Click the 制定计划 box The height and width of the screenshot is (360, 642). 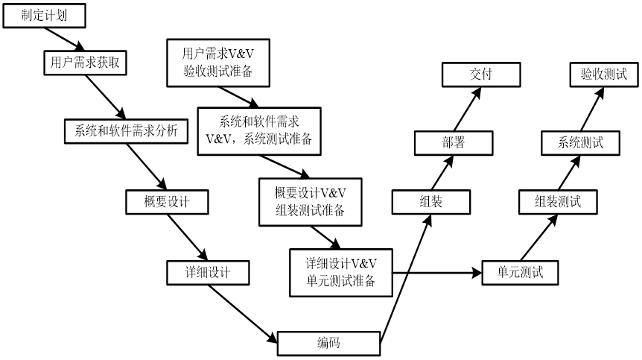click(44, 16)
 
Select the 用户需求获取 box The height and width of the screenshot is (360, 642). click(85, 63)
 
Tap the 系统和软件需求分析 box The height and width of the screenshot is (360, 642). click(126, 131)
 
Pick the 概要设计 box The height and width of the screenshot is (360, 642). click(167, 202)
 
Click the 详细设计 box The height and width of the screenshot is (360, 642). click(208, 273)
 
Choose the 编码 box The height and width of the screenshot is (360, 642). click(328, 343)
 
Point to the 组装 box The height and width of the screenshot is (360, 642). click(431, 202)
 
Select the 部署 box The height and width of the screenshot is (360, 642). click(454, 143)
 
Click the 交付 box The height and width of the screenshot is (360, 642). click(481, 75)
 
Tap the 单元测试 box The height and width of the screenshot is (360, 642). click(520, 273)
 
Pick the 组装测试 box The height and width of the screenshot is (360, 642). click(558, 202)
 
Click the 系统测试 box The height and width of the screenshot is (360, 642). click(581, 143)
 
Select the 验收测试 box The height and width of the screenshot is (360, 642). click(604, 75)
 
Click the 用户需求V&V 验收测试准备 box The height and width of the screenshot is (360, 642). click(218, 63)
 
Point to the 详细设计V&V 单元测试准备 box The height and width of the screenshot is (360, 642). click(341, 273)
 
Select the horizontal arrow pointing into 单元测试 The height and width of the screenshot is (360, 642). click(437, 273)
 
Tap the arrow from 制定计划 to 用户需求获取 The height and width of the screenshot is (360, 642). click(65, 40)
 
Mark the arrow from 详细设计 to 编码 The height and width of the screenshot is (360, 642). click(243, 314)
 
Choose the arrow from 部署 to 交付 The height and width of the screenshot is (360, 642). click(467, 109)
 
